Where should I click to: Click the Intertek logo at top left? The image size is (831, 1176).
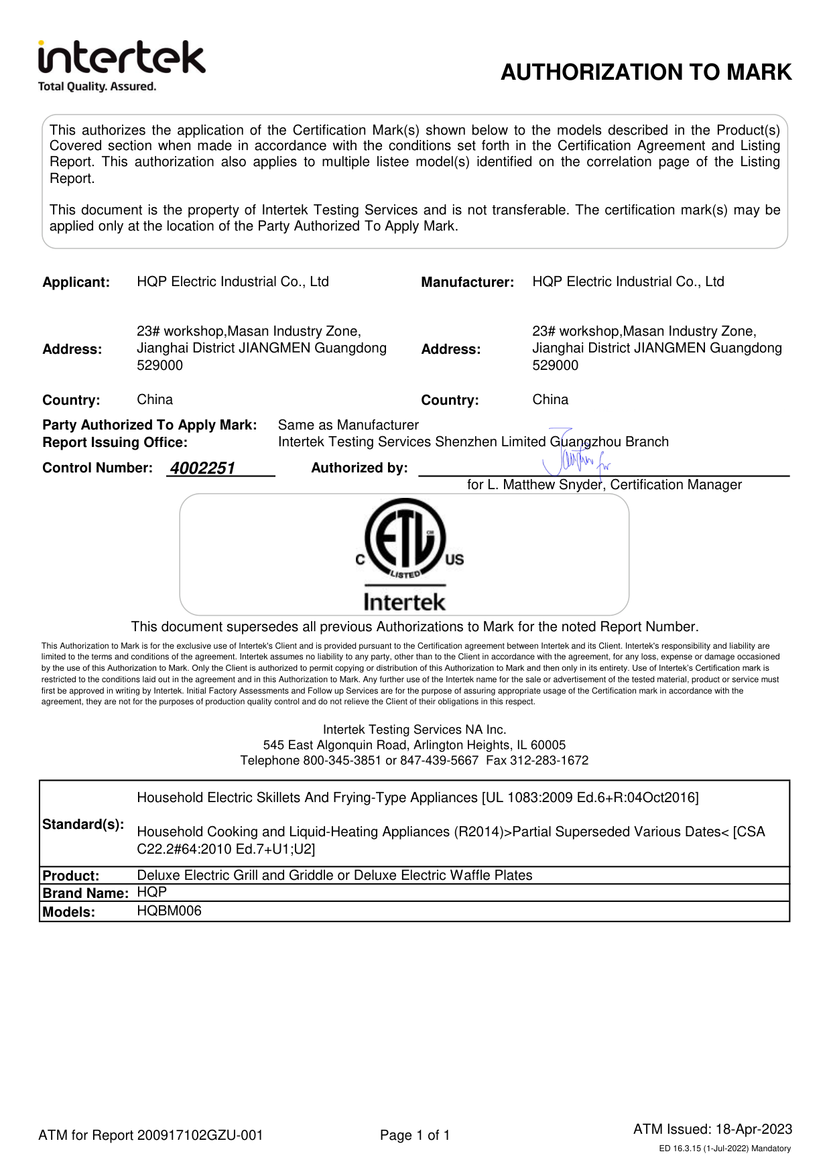(121, 58)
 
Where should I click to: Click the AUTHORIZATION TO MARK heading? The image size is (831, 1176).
(646, 72)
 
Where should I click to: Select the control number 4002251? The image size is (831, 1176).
(202, 468)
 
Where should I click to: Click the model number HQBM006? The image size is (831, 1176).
(169, 911)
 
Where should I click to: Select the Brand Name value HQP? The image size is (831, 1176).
(151, 893)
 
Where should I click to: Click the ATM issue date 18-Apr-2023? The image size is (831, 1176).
(754, 1129)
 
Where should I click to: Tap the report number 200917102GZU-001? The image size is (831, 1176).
(200, 1135)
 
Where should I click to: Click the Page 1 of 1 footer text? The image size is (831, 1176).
(415, 1135)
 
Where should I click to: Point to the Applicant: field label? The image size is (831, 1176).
(76, 282)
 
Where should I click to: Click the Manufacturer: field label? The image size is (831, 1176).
(467, 282)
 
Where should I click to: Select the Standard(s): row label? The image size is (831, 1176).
(83, 824)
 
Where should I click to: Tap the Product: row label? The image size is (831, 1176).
(70, 876)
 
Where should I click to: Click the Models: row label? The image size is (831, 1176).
(68, 912)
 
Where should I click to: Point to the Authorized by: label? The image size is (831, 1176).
(359, 468)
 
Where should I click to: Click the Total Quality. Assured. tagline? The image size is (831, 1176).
(97, 86)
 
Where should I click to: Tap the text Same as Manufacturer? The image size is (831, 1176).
(348, 425)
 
